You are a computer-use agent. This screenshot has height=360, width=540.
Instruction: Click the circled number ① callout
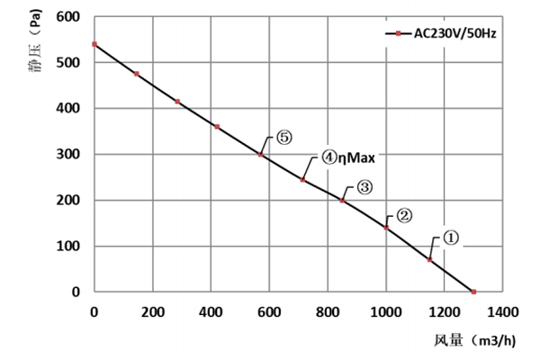[451, 238]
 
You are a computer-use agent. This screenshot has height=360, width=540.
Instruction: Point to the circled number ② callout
[404, 215]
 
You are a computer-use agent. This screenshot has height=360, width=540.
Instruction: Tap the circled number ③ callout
[364, 187]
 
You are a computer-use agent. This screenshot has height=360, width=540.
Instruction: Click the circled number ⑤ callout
[283, 138]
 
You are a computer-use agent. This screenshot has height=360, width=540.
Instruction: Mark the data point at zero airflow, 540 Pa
[94, 44]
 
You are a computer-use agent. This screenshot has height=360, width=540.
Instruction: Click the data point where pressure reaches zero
[474, 292]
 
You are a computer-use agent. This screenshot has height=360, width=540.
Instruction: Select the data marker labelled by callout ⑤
[261, 155]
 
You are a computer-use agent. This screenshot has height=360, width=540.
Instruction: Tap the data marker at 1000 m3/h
[386, 228]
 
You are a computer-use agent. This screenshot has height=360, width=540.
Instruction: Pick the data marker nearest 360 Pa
[217, 127]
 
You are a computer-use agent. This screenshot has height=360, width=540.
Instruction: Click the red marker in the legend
[398, 34]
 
